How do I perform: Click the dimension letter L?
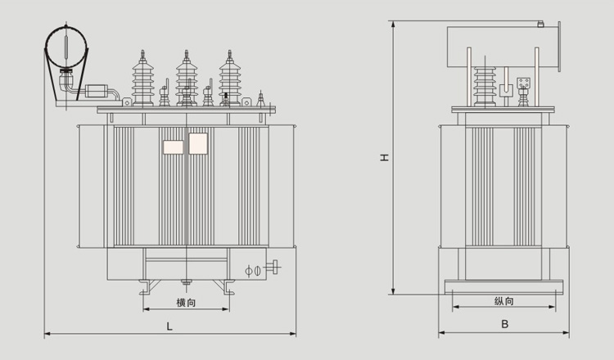click(169, 326)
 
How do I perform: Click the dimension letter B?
click(505, 324)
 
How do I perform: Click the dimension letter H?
click(384, 157)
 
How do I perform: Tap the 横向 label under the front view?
click(186, 303)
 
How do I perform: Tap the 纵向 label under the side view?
click(505, 300)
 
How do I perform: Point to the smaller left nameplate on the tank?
click(173, 147)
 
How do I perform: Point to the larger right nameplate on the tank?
click(199, 145)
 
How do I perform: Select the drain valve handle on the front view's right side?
click(275, 267)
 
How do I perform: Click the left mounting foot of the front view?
click(145, 286)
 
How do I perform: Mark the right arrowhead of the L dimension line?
click(294, 334)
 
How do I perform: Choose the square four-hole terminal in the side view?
click(525, 83)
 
